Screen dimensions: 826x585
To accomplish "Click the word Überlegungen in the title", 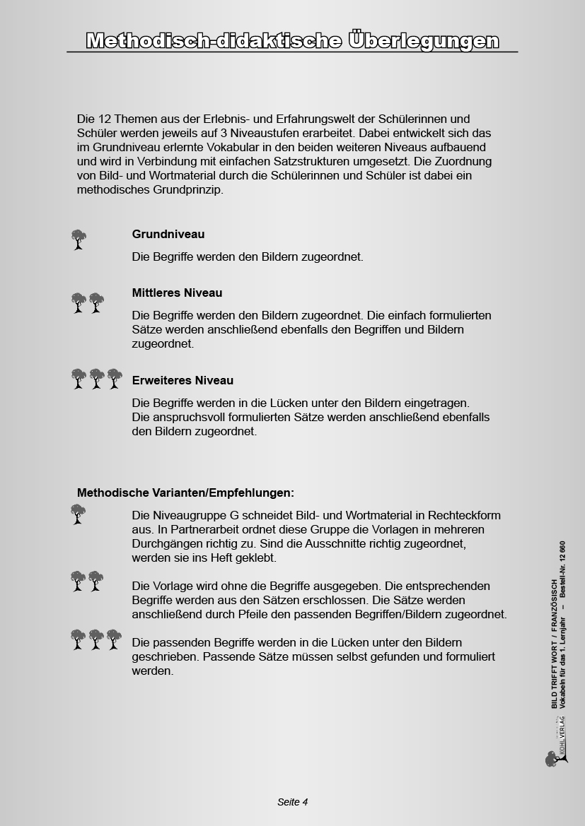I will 424,41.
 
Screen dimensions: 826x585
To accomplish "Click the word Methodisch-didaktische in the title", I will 214,41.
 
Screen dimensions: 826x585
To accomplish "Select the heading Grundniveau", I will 168,234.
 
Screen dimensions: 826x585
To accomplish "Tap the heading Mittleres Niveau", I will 177,293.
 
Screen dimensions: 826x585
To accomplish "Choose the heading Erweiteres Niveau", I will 183,380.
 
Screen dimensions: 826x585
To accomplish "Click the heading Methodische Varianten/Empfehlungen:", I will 185,492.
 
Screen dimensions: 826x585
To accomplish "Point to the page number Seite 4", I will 292,802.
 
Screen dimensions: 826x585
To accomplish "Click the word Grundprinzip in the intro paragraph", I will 190,189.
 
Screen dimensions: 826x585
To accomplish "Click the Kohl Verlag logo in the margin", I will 557,749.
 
